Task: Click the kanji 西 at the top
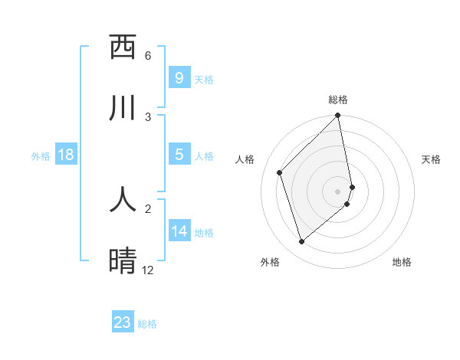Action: [123, 47]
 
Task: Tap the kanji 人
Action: [123, 198]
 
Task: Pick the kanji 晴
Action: [123, 260]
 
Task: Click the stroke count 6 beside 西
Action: [148, 56]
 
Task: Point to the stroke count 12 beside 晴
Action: [148, 270]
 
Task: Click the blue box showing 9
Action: [179, 77]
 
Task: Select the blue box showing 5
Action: [179, 155]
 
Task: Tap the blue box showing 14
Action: [179, 231]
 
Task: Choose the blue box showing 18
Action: [65, 155]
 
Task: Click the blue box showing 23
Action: [123, 322]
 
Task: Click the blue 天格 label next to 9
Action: [204, 80]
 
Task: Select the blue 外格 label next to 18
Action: [41, 156]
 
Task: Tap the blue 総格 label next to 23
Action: [148, 324]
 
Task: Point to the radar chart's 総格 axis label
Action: [338, 100]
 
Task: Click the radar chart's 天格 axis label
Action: [432, 159]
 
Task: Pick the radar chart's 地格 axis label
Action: [402, 262]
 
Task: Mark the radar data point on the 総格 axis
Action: [338, 116]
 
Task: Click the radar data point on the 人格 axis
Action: [280, 172]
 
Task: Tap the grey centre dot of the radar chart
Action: [338, 191]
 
